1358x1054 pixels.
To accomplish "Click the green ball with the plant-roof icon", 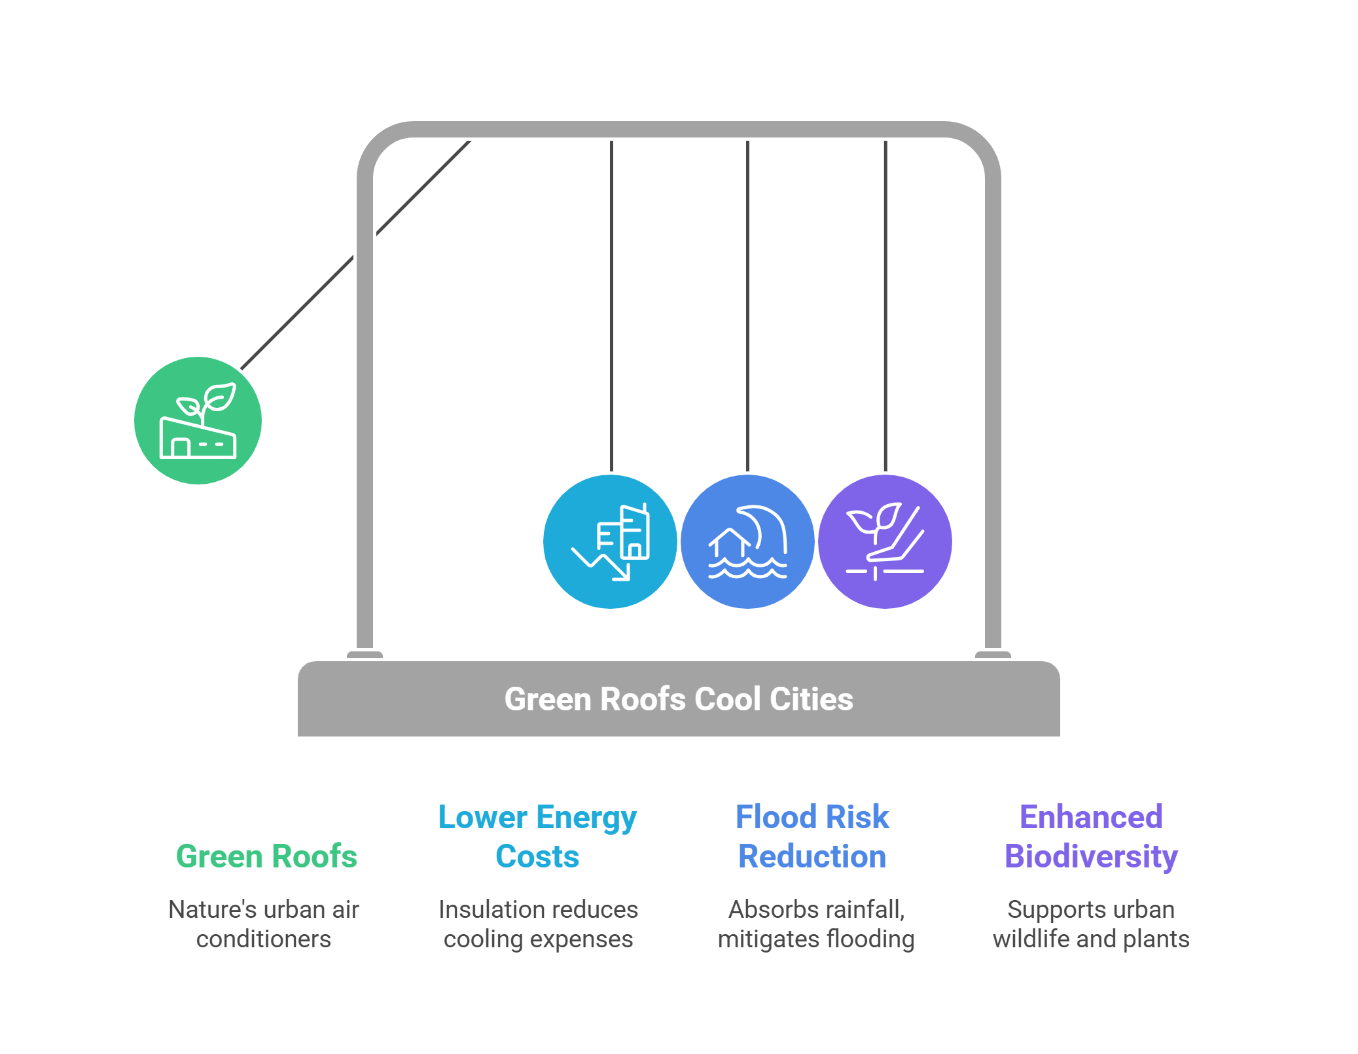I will coord(198,420).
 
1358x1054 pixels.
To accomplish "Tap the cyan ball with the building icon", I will coord(610,541).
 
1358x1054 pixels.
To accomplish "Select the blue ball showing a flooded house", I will coord(747,541).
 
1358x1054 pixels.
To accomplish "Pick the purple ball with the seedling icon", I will coord(885,541).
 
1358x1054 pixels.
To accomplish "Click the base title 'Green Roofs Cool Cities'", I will coord(679,699).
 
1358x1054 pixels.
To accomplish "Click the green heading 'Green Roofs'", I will coord(266,856).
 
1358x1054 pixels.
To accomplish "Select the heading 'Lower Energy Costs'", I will coord(537,836).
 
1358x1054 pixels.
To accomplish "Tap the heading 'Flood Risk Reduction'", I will coord(812,836).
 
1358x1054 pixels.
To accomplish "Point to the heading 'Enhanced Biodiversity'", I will coord(1091,836).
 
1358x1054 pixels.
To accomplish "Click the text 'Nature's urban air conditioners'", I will coord(264,924).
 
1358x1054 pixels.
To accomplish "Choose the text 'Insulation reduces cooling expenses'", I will coord(538,924).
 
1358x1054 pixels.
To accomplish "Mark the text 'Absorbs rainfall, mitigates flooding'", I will coord(816,924).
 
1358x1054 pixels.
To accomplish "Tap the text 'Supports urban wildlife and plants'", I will coord(1091,924).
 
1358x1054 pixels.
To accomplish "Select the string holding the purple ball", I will coord(885,308).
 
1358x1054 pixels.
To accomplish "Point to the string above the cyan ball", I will coord(611,308).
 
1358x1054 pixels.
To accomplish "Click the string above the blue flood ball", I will coord(747,308).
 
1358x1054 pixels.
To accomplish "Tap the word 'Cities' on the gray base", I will coord(812,699).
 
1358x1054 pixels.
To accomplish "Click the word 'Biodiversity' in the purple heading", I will coord(1091,856).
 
